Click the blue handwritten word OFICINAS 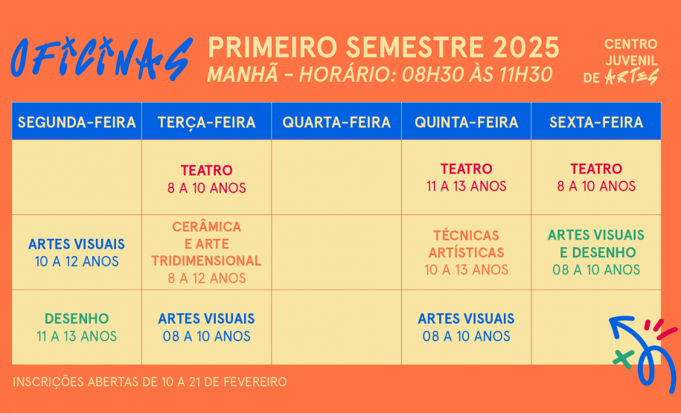[101, 58]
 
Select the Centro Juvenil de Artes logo [630, 62]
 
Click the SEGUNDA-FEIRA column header [77, 122]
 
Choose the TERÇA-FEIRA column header [206, 122]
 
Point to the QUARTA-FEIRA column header [336, 122]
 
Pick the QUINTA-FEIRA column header [466, 122]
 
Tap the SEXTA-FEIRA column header [596, 122]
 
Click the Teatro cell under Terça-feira [206, 179]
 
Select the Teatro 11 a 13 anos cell [466, 178]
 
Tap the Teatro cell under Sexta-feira [596, 178]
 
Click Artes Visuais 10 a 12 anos [77, 252]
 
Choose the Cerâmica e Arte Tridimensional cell [206, 252]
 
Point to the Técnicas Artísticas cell [466, 252]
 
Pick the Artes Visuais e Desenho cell [596, 252]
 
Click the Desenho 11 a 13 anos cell [77, 327]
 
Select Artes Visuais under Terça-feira [206, 327]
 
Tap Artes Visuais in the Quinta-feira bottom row [466, 327]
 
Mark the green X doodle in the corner [622, 357]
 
